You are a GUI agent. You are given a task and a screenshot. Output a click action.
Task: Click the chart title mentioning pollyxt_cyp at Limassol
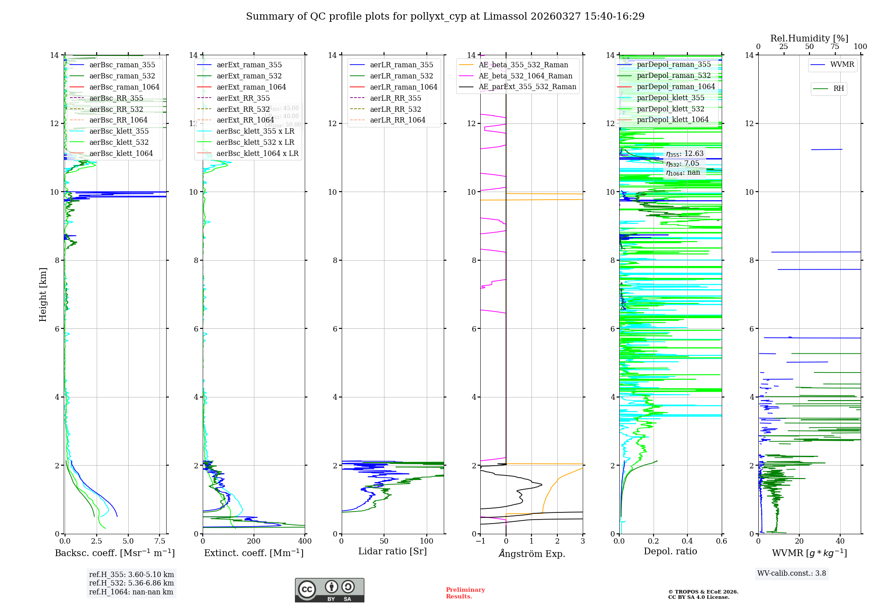click(445, 16)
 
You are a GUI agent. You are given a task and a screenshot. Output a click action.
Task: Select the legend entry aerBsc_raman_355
click(122, 65)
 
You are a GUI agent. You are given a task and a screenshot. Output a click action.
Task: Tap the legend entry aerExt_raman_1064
click(251, 87)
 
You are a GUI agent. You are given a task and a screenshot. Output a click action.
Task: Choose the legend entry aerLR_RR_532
click(395, 109)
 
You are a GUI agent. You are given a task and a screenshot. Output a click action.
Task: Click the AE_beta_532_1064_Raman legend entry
click(525, 76)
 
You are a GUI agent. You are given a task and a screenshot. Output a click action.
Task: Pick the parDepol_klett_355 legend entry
click(670, 98)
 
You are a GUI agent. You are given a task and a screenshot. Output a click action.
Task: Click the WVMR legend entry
click(842, 65)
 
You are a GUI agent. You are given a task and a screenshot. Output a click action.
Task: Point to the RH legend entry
click(838, 89)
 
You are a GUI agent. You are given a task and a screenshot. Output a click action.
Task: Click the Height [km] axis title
click(43, 295)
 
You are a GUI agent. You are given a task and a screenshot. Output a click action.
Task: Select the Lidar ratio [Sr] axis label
click(392, 552)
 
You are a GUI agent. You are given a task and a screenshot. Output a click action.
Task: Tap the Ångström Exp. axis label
click(532, 554)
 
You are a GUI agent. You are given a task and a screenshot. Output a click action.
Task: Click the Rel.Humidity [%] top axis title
click(809, 38)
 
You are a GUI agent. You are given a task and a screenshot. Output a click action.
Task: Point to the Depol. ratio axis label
click(670, 552)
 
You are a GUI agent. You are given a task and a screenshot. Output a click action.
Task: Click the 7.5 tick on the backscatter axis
click(160, 541)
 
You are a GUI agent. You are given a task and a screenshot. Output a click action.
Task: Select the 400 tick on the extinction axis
click(305, 541)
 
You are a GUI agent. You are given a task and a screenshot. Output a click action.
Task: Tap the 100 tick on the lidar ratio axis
click(427, 541)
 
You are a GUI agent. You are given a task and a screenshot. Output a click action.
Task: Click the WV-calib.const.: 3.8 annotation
click(792, 573)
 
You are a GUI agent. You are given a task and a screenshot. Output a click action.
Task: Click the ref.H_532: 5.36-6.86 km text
click(131, 583)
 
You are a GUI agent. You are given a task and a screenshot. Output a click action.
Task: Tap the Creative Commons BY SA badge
click(330, 590)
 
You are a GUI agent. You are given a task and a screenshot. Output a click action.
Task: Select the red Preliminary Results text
click(465, 593)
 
